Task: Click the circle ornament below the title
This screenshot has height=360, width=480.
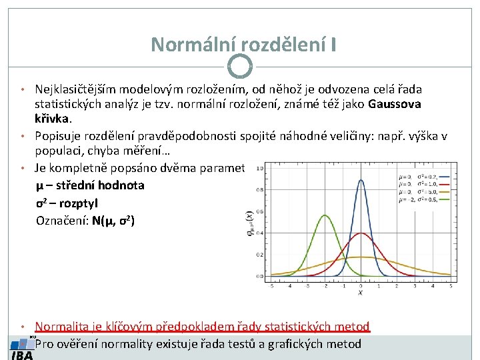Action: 240,66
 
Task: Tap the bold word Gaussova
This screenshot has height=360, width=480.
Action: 394,104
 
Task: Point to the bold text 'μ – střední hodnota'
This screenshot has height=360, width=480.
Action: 90,185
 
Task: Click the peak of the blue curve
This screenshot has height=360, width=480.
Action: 361,179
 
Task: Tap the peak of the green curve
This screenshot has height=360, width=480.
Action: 325,215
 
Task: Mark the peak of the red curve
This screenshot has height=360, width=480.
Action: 361,233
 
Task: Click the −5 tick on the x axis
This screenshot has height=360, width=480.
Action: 271,285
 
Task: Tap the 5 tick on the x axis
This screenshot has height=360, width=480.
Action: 451,285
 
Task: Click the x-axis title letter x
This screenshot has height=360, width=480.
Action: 361,292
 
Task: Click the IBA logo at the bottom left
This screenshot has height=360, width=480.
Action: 22,349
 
